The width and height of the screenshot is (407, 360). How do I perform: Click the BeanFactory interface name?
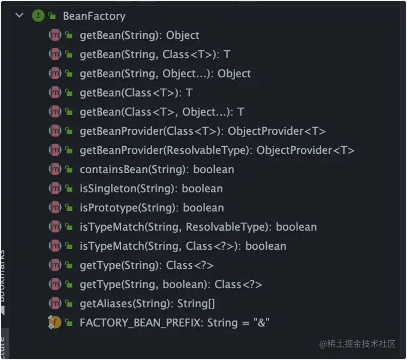94,16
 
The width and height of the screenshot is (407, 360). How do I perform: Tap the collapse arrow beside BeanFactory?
19,16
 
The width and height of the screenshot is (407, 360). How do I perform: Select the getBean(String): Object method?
139,35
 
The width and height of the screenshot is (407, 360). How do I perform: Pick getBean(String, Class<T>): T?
155,55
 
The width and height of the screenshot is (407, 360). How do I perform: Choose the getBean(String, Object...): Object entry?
165,74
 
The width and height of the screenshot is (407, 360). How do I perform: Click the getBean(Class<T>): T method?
135,93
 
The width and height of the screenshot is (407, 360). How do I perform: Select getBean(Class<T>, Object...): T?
161,112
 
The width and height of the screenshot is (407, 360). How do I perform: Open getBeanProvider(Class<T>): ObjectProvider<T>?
203,131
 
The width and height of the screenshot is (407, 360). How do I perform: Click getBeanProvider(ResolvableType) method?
217,150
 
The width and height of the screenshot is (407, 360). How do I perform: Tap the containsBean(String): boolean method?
156,170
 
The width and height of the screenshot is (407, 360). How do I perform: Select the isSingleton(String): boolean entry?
151,189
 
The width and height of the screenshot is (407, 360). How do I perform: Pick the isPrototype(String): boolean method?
152,208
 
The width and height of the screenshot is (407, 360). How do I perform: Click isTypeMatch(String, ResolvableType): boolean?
198,227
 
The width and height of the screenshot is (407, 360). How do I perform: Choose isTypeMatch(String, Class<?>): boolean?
183,246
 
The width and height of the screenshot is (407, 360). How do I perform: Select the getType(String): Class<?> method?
146,265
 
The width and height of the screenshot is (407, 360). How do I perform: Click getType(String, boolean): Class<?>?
171,285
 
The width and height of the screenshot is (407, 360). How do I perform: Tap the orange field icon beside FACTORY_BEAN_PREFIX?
55,323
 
